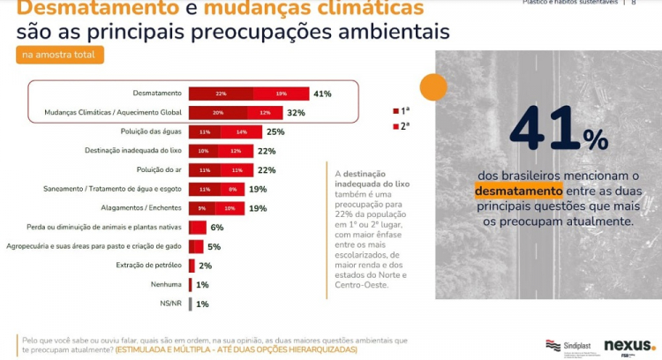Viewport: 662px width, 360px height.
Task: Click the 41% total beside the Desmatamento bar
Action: click(x=321, y=94)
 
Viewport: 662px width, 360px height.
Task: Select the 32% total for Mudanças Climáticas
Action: click(x=296, y=113)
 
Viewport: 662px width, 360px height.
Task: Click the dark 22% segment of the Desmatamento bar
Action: click(x=221, y=94)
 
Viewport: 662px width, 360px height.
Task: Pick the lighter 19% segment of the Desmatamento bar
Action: click(x=281, y=94)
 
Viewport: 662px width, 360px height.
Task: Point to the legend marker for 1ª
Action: click(x=395, y=111)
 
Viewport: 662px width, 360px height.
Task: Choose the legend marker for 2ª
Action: click(x=395, y=127)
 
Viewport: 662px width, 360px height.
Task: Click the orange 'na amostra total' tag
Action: click(x=60, y=56)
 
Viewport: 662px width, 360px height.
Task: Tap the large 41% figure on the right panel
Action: click(x=558, y=131)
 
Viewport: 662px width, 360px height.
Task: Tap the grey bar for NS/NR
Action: click(x=191, y=304)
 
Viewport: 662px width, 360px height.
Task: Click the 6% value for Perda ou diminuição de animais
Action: click(x=216, y=227)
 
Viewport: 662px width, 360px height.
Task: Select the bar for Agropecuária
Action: click(x=196, y=246)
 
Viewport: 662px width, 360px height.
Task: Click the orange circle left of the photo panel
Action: click(x=432, y=86)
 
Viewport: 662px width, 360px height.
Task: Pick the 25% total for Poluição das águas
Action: click(x=275, y=131)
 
